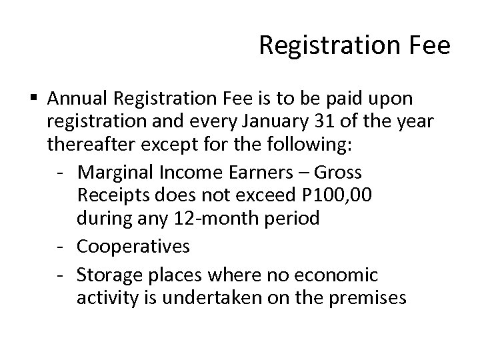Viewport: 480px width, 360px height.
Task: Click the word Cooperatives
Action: point(133,247)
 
